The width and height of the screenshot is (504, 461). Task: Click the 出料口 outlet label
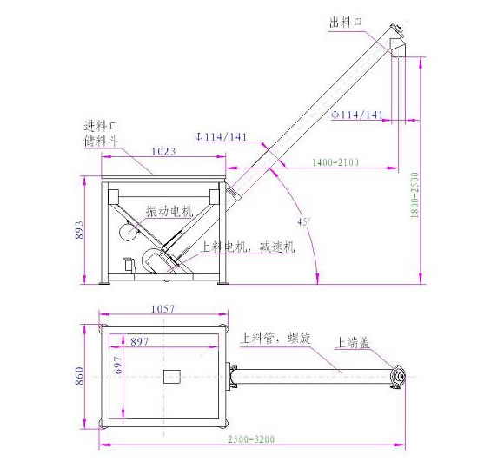pyautogui.click(x=346, y=23)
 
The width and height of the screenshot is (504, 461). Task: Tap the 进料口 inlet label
pyautogui.click(x=101, y=126)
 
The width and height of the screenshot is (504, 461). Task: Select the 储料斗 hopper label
pyautogui.click(x=101, y=141)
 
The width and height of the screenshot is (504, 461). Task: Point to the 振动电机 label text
pyautogui.click(x=169, y=212)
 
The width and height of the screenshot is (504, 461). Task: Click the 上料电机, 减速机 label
pyautogui.click(x=247, y=247)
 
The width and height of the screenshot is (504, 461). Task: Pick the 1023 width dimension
pyautogui.click(x=163, y=151)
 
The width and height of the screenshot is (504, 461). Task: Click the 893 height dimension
pyautogui.click(x=79, y=230)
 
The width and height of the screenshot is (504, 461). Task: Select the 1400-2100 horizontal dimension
pyautogui.click(x=335, y=162)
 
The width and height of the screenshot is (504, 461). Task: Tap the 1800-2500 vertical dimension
pyautogui.click(x=414, y=195)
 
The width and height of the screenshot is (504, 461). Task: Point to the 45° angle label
pyautogui.click(x=303, y=222)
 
